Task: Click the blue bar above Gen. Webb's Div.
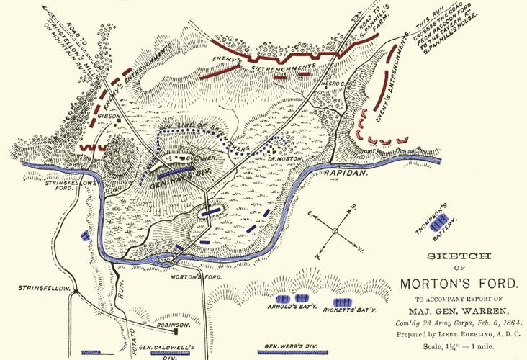(x=291, y=353)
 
